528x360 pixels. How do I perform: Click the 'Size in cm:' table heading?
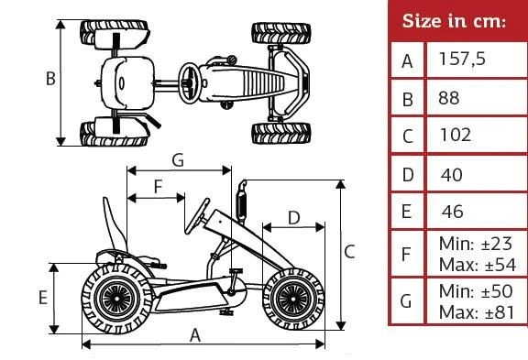click(x=454, y=21)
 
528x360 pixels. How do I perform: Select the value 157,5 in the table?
click(x=462, y=59)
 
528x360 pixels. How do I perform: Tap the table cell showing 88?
click(x=449, y=98)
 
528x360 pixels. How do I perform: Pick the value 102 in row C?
click(x=456, y=135)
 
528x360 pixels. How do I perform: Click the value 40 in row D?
click(x=451, y=175)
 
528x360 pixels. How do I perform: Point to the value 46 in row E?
click(x=453, y=212)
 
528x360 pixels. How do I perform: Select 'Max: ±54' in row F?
click(x=478, y=265)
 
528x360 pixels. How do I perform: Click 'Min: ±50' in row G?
click(x=476, y=291)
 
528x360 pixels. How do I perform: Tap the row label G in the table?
click(x=406, y=300)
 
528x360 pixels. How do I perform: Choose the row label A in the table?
click(x=407, y=61)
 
